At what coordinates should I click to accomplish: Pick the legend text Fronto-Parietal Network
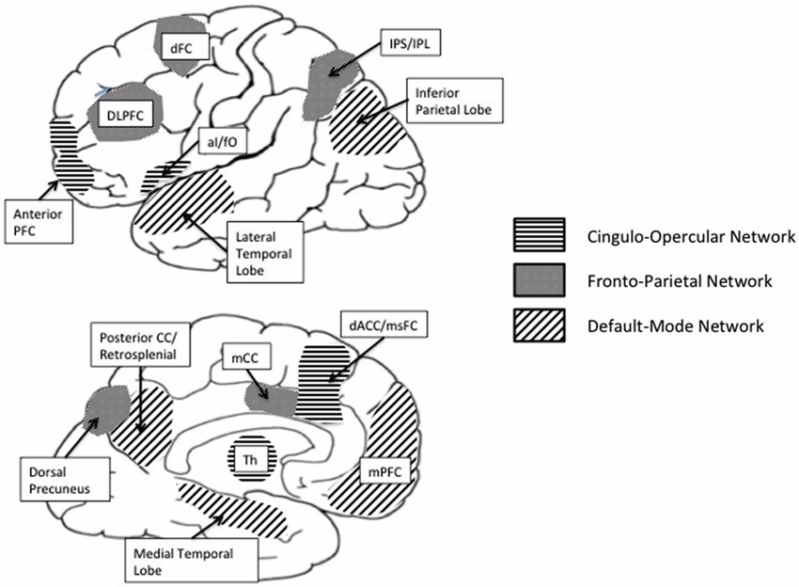[675, 279]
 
